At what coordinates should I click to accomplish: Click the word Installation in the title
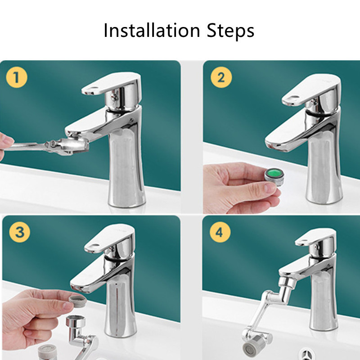(x=152, y=30)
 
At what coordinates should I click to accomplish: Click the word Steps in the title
(x=230, y=31)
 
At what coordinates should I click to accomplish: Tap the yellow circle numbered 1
(x=16, y=77)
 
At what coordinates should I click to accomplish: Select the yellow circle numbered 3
(x=19, y=232)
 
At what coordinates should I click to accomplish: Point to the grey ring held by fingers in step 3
(x=78, y=300)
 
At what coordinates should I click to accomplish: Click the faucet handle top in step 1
(x=111, y=84)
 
